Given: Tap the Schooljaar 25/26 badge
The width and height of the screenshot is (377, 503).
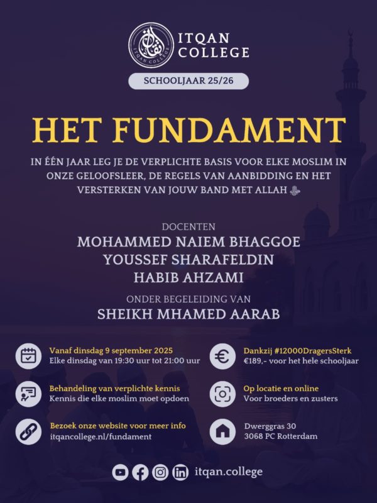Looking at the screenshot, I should (188, 81).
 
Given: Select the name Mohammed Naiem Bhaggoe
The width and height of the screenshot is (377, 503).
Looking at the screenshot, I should (188, 242).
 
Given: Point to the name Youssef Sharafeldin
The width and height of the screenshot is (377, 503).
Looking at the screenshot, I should (188, 260).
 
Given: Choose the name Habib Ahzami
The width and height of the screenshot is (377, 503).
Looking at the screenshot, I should (188, 277).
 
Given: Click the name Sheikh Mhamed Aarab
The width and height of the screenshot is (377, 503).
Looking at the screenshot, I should (188, 314).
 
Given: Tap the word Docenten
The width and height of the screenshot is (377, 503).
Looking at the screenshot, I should (188, 226).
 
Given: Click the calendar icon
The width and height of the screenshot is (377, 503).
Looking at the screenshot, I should (28, 356).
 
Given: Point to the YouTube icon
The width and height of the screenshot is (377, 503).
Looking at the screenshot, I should (121, 472).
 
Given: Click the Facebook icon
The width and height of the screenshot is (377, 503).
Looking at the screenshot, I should (141, 472).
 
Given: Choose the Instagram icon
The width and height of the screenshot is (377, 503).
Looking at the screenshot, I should (160, 472).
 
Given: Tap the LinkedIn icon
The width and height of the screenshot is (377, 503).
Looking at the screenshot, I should (180, 472).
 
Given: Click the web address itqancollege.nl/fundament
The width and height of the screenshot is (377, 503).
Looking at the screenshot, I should (101, 436).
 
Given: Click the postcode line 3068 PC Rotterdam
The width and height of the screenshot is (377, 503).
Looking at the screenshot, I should (280, 436).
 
